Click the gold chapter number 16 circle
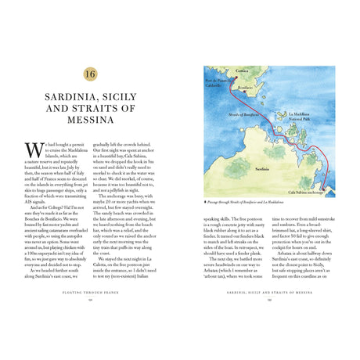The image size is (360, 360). (90, 74)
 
